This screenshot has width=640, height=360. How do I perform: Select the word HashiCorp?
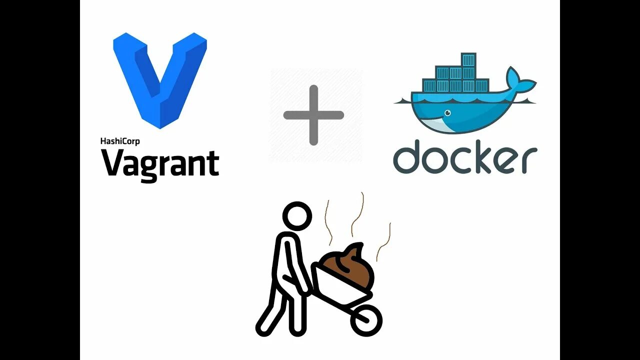pos(120,141)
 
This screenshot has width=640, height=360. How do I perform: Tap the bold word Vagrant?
pos(160,163)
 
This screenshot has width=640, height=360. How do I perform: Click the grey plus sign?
pos(313,115)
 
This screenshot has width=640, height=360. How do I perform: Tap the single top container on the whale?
pos(468,60)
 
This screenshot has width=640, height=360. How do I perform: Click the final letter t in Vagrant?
pos(213,163)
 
